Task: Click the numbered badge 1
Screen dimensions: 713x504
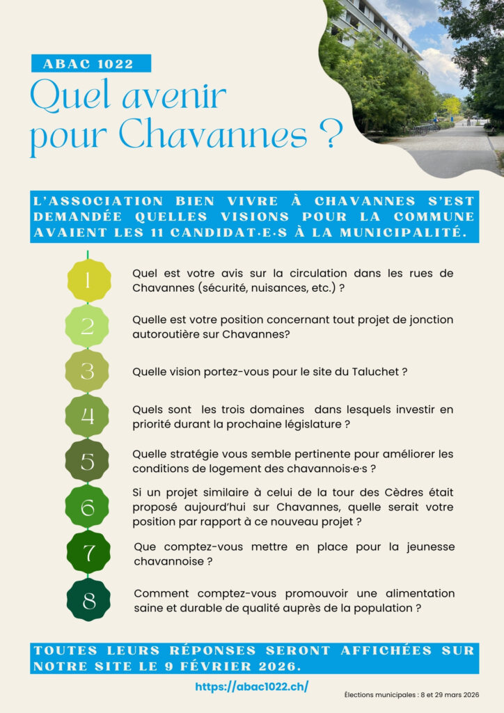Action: [88, 281]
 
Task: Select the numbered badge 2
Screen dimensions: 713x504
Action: [88, 326]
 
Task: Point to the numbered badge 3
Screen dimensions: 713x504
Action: [88, 371]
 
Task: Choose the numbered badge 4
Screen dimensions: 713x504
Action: [88, 416]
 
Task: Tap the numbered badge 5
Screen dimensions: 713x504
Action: [88, 461]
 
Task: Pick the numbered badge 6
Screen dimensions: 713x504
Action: [88, 506]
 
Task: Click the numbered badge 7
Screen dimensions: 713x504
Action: [88, 554]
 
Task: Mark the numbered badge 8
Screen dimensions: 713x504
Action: [88, 600]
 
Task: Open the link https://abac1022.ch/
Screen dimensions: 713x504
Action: [251, 687]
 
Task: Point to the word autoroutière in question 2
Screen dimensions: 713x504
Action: [164, 334]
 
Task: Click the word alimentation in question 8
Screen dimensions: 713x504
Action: [418, 593]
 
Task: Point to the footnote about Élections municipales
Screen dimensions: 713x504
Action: [413, 695]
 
